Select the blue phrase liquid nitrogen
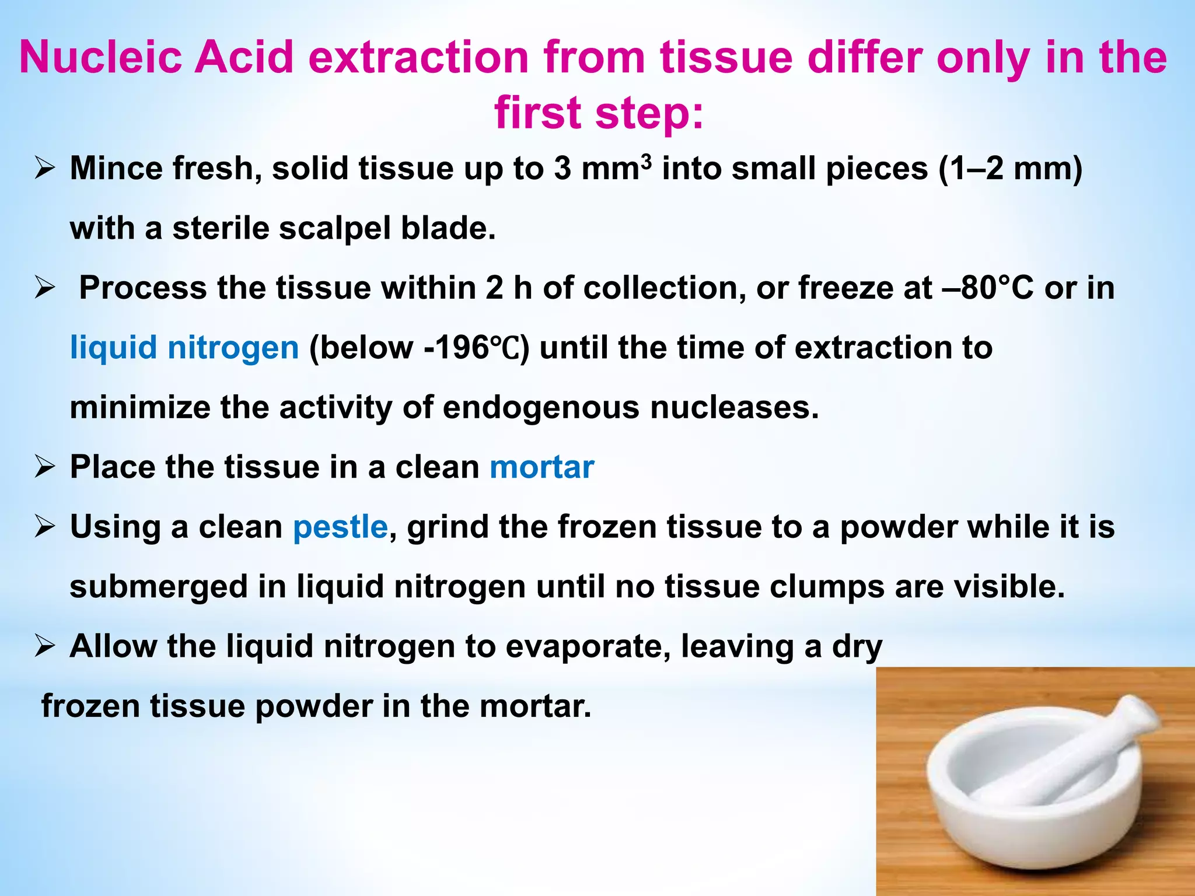tap(184, 348)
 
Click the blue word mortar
tap(542, 467)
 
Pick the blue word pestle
tap(340, 527)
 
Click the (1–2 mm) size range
tap(1011, 169)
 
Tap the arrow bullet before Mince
tap(45, 169)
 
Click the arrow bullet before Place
tap(45, 467)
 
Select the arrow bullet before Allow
tap(45, 646)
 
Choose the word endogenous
tap(541, 407)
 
